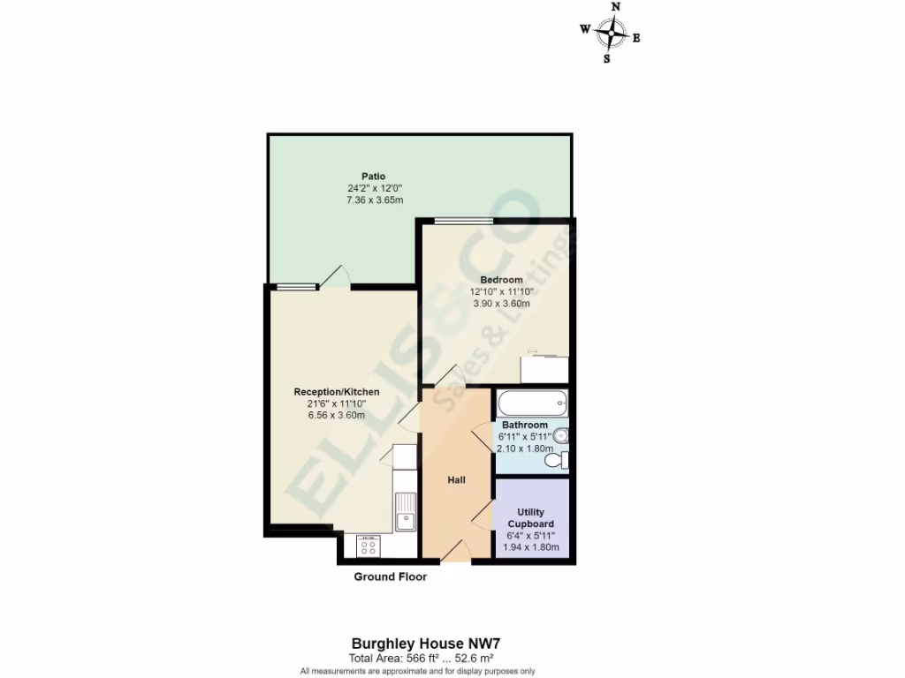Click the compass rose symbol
(x=610, y=34)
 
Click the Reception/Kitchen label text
(x=337, y=392)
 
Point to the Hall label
(x=456, y=480)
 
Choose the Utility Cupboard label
(x=531, y=518)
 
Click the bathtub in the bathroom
(x=531, y=405)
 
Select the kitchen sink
(x=406, y=511)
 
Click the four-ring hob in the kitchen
(x=368, y=547)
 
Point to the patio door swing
(x=336, y=277)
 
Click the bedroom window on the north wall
(x=463, y=220)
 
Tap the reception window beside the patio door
(x=294, y=286)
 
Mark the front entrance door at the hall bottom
(x=454, y=553)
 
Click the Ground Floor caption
(x=390, y=577)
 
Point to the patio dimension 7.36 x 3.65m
(x=375, y=200)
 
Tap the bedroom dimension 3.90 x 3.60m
(x=501, y=304)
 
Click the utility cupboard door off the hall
(x=483, y=516)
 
